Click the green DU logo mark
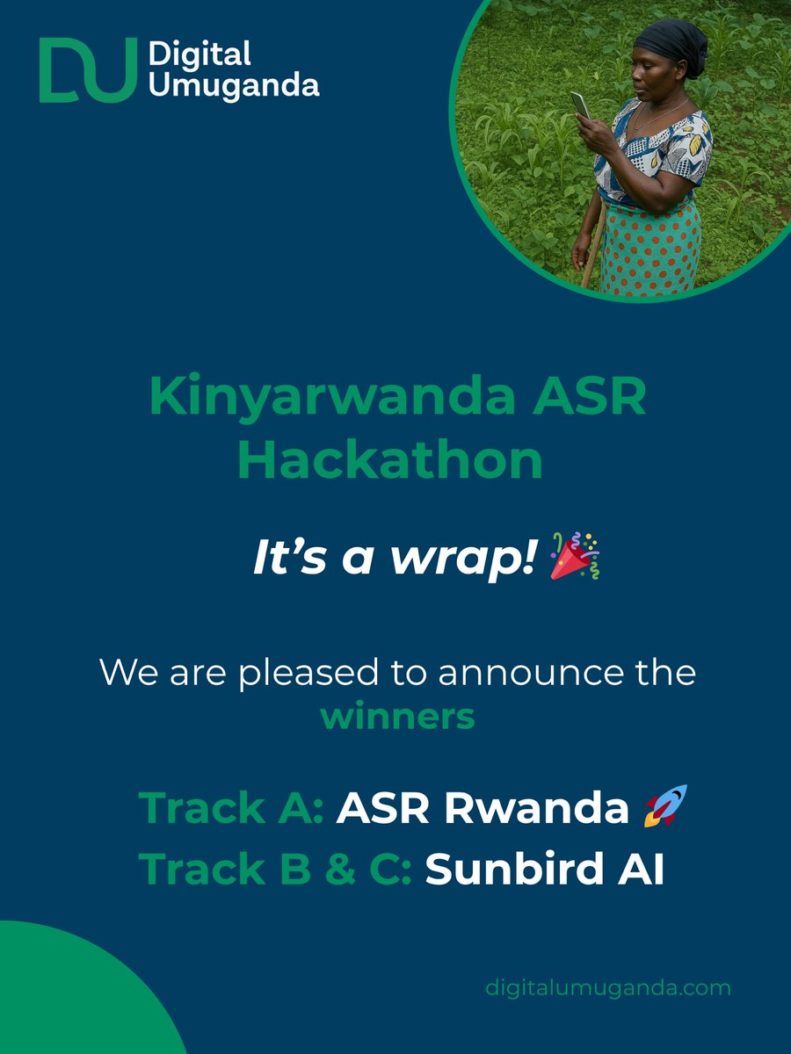[x=88, y=70]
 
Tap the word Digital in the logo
[x=200, y=54]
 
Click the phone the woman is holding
[x=581, y=105]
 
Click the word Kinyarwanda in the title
[x=333, y=397]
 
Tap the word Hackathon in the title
[x=390, y=459]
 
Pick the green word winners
[x=397, y=716]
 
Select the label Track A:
[x=231, y=808]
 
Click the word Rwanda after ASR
[x=537, y=808]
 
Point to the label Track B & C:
[x=276, y=869]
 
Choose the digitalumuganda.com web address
[x=608, y=987]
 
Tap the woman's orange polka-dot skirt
[x=650, y=246]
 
